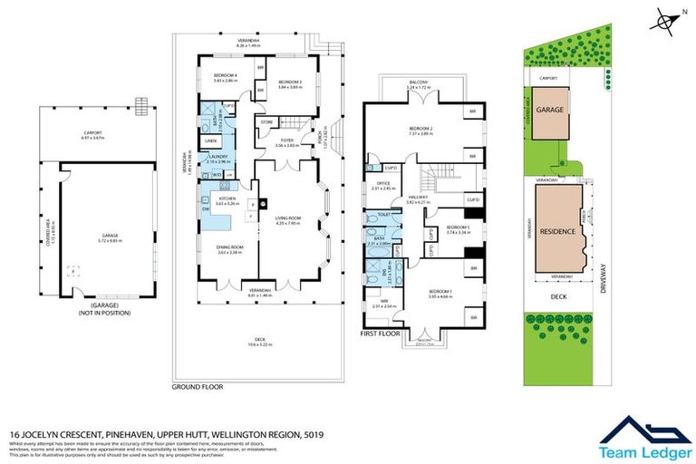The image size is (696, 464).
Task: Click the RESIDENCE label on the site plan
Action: click(557, 231)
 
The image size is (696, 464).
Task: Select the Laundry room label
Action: click(217, 157)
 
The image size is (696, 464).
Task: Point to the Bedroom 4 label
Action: click(225, 74)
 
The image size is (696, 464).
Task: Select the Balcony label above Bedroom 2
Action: click(418, 82)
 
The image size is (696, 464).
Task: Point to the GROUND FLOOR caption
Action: click(198, 386)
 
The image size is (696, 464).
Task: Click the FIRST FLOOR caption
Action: click(381, 334)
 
